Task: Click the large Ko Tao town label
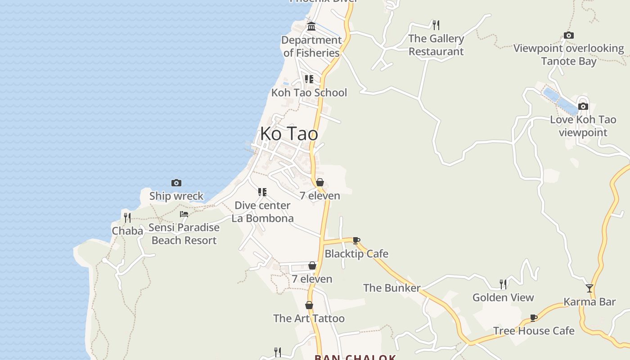pos(289,134)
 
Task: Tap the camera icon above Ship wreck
pos(176,183)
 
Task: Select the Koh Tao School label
pos(309,93)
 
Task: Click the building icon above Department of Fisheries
pos(311,27)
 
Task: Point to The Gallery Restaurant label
pos(436,45)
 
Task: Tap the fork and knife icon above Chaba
pos(127,218)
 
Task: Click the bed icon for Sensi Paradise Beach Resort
pos(184,214)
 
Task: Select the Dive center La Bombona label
pos(263,212)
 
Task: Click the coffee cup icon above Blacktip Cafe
pos(356,240)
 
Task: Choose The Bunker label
pos(391,288)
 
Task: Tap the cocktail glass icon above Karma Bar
pos(589,288)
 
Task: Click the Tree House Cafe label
pos(534,331)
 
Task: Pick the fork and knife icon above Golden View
pos(503,284)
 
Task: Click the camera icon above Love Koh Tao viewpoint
pos(583,107)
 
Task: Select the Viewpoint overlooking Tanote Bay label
pos(569,54)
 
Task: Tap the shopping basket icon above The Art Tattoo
pos(309,305)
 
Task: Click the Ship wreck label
pos(176,196)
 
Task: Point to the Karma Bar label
pos(589,302)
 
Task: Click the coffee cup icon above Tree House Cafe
pos(534,318)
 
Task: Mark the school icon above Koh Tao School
pos(309,79)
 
